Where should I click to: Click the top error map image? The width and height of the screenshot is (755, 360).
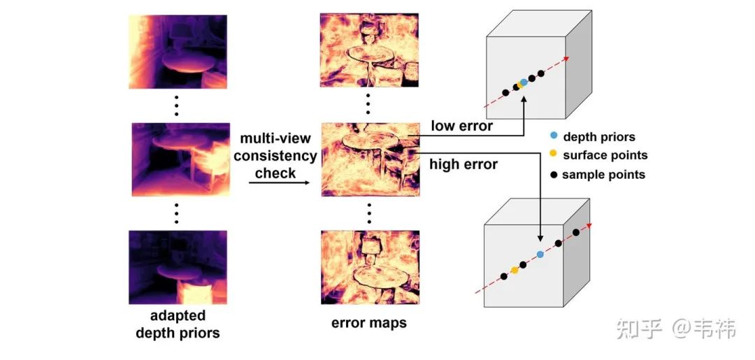click(x=369, y=50)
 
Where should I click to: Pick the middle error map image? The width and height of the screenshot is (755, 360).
click(x=368, y=159)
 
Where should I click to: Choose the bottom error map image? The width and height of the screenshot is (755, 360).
click(x=369, y=266)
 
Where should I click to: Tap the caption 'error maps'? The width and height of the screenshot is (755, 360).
click(x=368, y=324)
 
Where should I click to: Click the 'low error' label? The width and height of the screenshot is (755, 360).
click(x=462, y=126)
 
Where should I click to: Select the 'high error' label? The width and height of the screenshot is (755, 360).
click(x=464, y=165)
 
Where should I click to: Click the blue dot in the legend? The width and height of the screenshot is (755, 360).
click(x=553, y=137)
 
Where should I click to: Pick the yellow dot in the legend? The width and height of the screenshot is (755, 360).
click(x=553, y=155)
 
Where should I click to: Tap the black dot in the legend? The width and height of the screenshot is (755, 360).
click(x=553, y=174)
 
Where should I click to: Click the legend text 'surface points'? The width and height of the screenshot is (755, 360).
click(x=605, y=155)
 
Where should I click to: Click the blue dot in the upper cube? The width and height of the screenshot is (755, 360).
click(x=524, y=82)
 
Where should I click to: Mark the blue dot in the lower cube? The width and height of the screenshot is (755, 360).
click(x=540, y=254)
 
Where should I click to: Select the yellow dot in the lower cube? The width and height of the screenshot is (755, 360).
click(x=515, y=270)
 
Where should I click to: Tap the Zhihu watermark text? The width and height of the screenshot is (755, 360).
click(x=675, y=328)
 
